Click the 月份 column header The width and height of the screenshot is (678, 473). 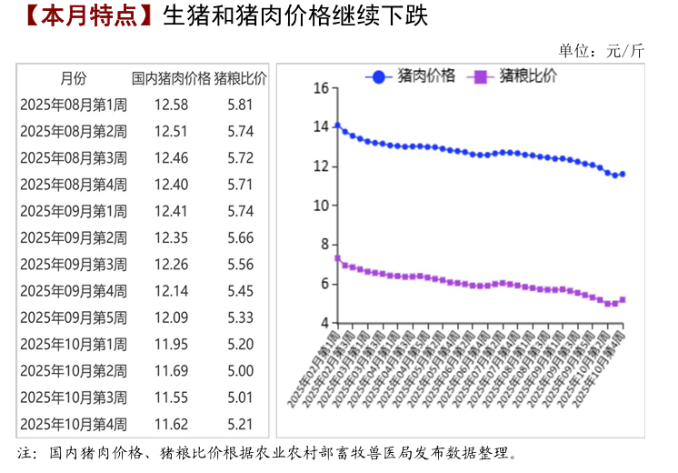point(74,78)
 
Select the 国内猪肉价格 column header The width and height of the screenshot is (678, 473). point(171,78)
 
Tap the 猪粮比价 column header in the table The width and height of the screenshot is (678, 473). point(241,78)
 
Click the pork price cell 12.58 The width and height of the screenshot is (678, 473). point(171,105)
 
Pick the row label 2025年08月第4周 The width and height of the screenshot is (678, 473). point(74,185)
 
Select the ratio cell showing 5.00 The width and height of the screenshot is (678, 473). point(241,371)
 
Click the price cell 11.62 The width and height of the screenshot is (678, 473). point(171,424)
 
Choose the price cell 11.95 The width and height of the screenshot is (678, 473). point(171,345)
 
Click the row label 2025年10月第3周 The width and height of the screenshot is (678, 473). point(74,398)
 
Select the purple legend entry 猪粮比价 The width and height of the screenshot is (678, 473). point(515,76)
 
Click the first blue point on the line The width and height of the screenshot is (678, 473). point(337,126)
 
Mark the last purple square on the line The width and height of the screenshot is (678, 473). point(623,299)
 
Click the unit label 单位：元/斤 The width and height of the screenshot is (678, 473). point(601,51)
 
